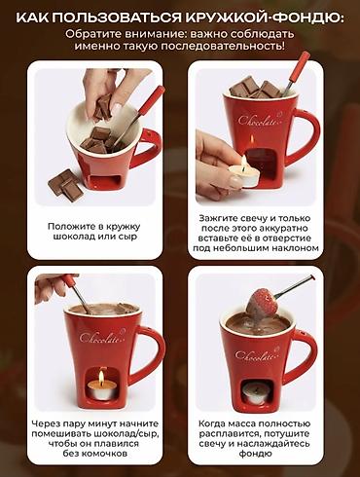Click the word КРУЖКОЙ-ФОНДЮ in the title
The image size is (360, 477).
264,18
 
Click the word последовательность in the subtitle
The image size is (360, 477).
223,46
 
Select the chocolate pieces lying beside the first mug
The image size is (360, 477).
65,185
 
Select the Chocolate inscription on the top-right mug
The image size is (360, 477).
259,120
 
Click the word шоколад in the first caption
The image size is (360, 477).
74,237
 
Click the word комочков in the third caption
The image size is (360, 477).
104,454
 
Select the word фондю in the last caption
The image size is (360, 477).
256,454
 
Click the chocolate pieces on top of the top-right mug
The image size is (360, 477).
255,88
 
